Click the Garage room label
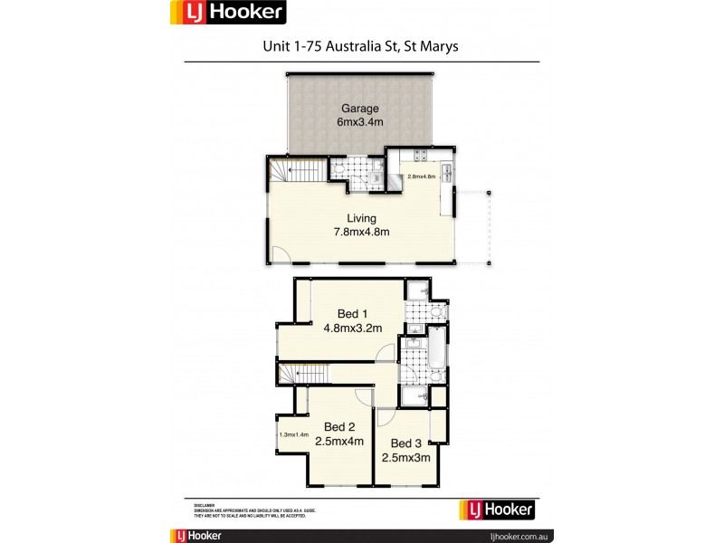pyautogui.click(x=359, y=109)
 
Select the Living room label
pyautogui.click(x=361, y=218)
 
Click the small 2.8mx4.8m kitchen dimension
pyautogui.click(x=422, y=176)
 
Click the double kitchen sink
pyautogui.click(x=446, y=169)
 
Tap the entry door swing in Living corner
pyautogui.click(x=281, y=256)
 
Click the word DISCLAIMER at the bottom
pyautogui.click(x=204, y=503)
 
